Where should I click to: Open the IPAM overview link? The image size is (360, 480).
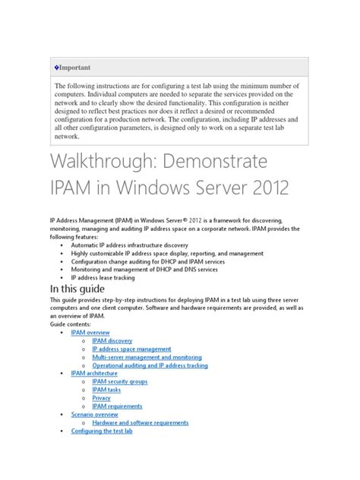[90, 333]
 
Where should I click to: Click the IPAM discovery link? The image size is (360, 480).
[112, 341]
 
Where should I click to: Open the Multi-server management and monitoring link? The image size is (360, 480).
[147, 357]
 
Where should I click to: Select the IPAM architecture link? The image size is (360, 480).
[94, 374]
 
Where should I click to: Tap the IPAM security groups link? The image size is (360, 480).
[119, 382]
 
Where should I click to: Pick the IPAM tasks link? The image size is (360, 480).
[106, 390]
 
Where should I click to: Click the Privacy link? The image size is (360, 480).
[101, 398]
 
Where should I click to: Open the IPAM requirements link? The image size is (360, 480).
[117, 406]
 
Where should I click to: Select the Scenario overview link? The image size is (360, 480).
[94, 415]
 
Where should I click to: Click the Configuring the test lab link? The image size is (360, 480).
[102, 431]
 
